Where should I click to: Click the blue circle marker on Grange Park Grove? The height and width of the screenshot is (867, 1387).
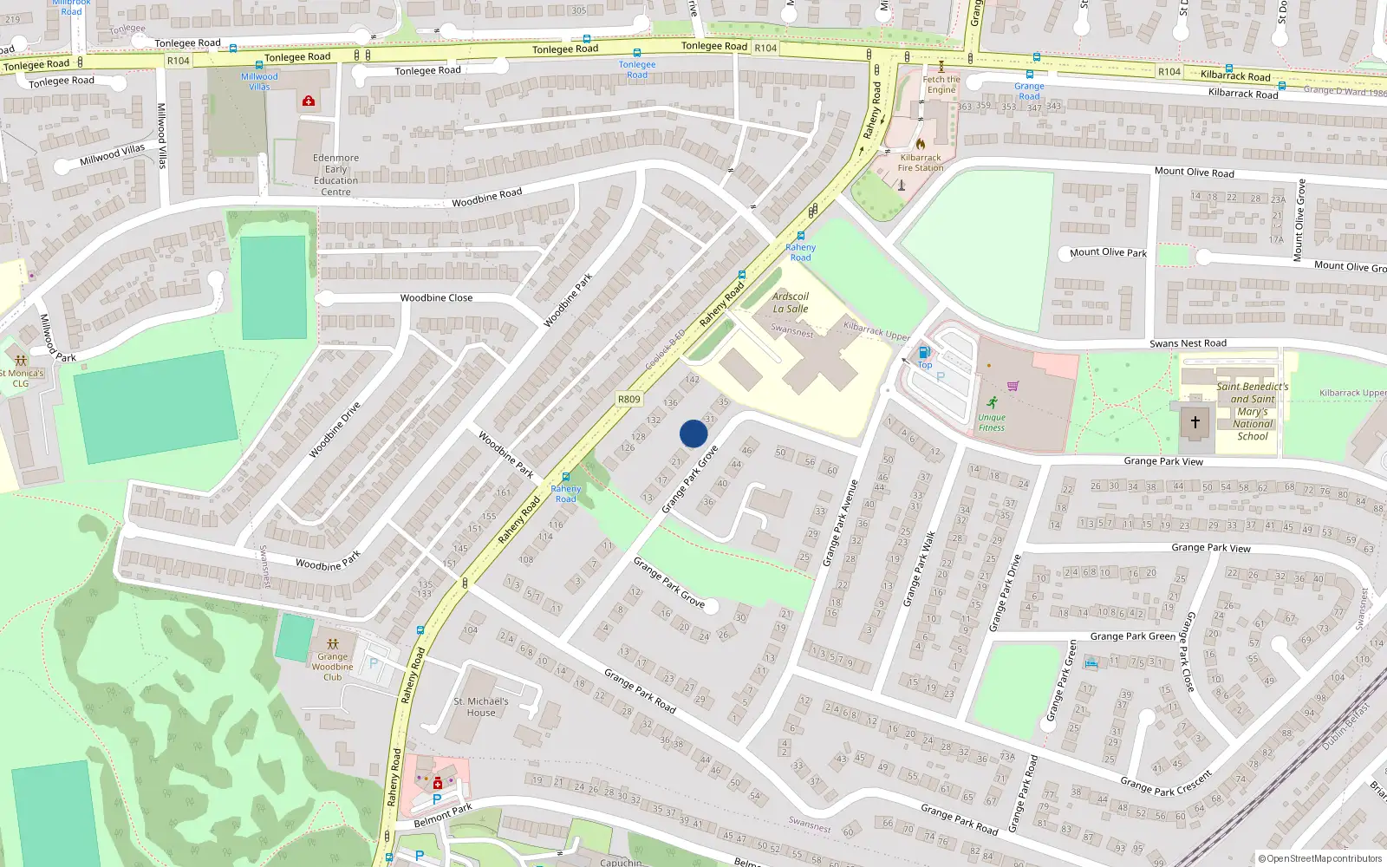coord(693,433)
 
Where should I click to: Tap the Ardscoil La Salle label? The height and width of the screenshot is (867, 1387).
coord(790,303)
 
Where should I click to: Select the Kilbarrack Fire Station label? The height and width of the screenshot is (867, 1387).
coord(920,163)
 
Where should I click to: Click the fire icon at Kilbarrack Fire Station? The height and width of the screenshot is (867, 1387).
coord(920,143)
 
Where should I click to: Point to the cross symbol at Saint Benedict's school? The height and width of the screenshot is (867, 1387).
coord(1195,422)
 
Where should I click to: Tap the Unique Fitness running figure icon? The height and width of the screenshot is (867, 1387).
coord(992,402)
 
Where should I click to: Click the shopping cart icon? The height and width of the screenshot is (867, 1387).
coord(1013,386)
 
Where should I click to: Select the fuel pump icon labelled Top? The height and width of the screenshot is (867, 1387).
coord(923,353)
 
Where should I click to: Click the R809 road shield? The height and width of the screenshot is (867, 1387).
coord(628,400)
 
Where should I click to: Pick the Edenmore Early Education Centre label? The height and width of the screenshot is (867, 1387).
coord(335,175)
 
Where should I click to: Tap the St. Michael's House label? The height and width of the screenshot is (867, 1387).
coord(481,707)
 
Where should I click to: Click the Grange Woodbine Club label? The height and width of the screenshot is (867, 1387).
coord(332,667)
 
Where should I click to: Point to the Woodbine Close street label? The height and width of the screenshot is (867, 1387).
coord(436,297)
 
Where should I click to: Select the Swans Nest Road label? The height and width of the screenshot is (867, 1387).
coord(1188,343)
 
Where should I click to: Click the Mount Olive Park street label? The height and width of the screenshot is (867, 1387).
coord(1108,252)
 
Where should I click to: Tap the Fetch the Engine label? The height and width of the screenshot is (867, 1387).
coord(941,84)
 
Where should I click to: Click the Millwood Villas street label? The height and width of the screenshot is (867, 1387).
coord(112,155)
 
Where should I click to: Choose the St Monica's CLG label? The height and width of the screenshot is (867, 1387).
coord(21,378)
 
